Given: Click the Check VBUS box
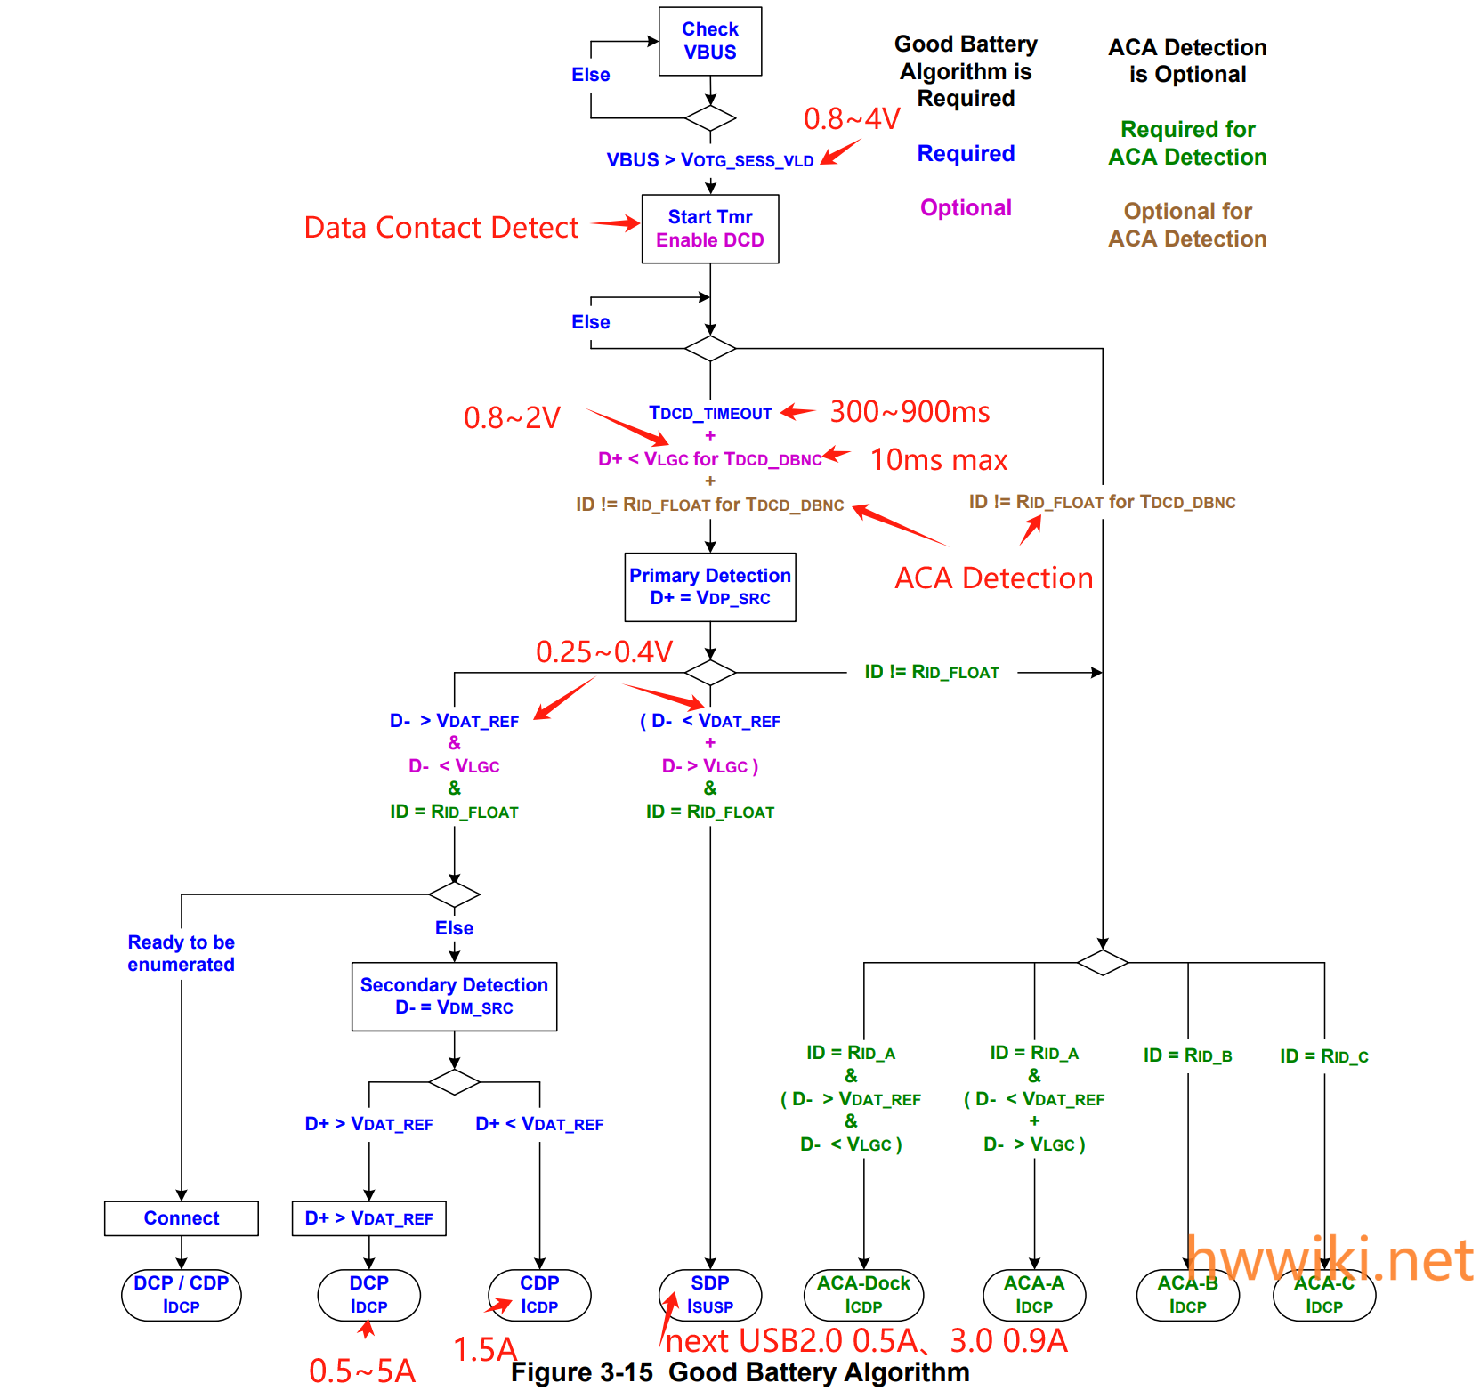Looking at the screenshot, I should coord(709,41).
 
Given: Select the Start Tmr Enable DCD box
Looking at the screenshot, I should coord(709,229).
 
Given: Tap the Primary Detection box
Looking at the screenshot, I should coord(709,586).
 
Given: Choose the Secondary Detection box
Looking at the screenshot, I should coord(454,996).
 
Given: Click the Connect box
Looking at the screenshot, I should coord(181,1217).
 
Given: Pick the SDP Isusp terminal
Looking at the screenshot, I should coord(709,1294).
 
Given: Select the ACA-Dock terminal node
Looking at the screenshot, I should coord(863,1294).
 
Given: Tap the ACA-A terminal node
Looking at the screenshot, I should coord(1033,1294).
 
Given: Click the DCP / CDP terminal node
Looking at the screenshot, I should coord(181,1294).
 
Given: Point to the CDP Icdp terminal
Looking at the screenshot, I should coord(538,1294).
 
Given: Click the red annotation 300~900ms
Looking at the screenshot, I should coord(910,411).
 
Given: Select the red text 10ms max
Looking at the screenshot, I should coord(938,459).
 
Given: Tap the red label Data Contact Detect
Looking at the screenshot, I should coord(441,227).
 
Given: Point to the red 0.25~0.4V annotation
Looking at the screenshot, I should coord(603,651).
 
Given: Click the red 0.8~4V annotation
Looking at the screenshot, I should coord(852,118).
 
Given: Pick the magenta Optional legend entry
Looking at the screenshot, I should coord(966,207).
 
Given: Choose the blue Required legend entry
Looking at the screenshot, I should coord(966,153).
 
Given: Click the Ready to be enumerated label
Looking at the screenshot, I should coord(181,953).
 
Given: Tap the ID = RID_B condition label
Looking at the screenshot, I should coord(1187,1055).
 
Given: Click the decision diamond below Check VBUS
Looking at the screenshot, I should coord(709,117).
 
